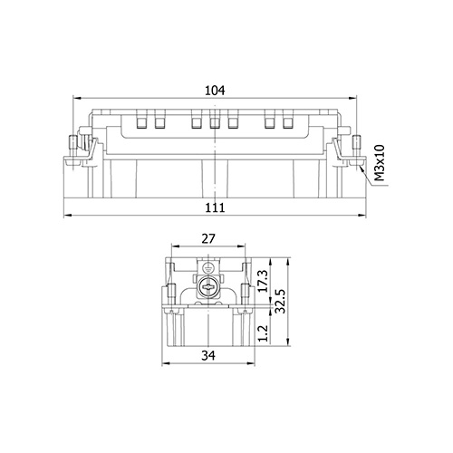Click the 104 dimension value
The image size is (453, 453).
point(215,91)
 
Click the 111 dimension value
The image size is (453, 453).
point(215,207)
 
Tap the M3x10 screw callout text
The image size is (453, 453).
point(380,163)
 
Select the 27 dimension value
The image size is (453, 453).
point(208,239)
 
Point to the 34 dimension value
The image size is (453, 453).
point(208,355)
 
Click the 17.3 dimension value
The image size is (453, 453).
point(264,281)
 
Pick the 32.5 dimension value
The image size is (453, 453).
point(280,301)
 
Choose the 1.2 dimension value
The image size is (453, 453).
point(264,333)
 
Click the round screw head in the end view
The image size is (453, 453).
point(207,287)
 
